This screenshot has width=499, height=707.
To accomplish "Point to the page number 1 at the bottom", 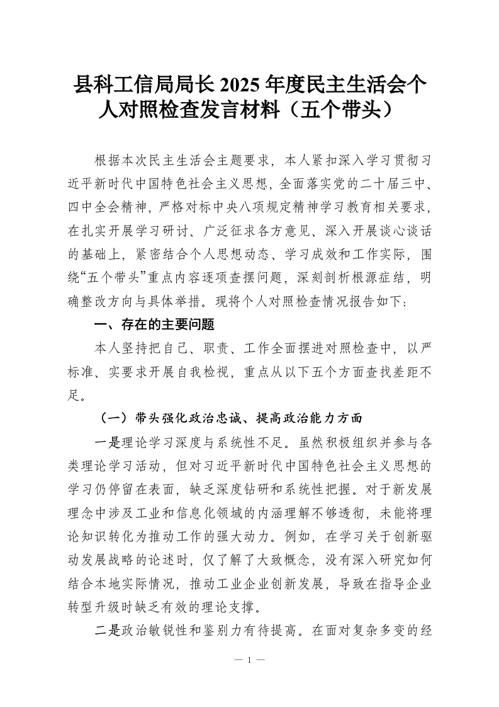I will (249, 660).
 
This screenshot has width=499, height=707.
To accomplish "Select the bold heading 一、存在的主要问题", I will (154, 325).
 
